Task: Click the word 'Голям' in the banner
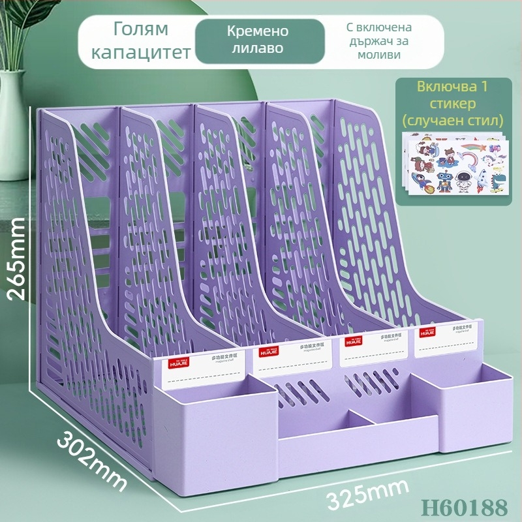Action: (141, 29)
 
